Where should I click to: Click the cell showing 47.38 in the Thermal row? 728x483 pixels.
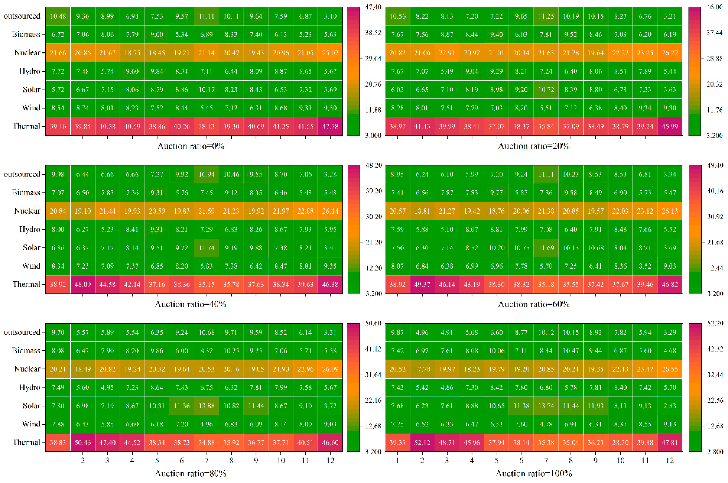coord(330,126)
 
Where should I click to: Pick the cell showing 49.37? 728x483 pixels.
coord(422,284)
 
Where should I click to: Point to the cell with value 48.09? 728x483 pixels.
coord(83,284)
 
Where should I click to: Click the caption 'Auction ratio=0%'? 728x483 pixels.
coord(191,146)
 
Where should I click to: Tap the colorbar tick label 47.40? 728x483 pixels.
coord(373,7)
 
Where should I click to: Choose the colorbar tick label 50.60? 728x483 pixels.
coord(373,323)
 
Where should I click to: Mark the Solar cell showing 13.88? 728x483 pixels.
coord(206,406)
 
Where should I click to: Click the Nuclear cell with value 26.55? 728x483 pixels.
coord(670,369)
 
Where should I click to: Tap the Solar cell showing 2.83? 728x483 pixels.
coord(670,406)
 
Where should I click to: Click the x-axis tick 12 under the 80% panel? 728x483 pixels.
coord(330,460)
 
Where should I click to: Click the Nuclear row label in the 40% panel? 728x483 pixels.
coord(27,211)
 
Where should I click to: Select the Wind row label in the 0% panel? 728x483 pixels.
coord(31,108)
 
